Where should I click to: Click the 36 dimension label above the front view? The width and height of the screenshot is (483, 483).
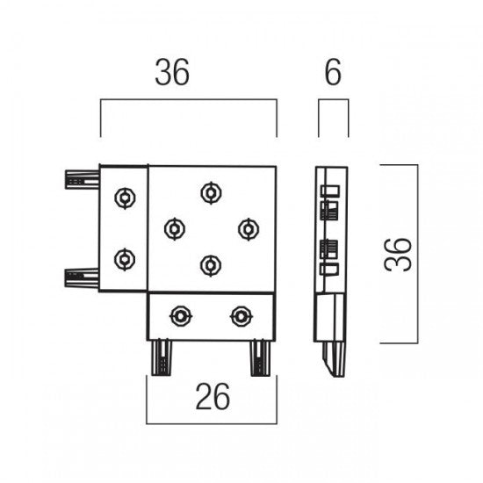click(172, 72)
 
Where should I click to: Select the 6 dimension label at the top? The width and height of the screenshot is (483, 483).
click(333, 72)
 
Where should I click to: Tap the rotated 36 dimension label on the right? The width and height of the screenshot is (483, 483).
click(398, 255)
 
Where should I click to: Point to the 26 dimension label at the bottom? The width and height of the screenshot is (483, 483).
click(213, 396)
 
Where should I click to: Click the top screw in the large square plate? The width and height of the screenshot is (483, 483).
click(211, 193)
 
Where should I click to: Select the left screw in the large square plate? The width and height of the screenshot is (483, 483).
click(175, 229)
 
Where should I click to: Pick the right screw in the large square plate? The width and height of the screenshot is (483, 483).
click(249, 229)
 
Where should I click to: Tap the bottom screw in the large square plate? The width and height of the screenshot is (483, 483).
click(211, 265)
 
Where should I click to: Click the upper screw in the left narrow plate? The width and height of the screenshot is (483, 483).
click(125, 198)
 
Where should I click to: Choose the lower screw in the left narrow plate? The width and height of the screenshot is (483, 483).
click(125, 259)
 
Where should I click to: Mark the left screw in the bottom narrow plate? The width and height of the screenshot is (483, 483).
click(181, 316)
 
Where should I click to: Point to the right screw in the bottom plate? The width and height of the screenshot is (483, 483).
click(241, 316)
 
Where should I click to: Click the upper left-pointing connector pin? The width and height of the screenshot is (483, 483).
click(83, 179)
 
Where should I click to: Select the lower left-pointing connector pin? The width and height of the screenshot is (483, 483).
click(82, 278)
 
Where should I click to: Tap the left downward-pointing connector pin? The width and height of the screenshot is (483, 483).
click(162, 357)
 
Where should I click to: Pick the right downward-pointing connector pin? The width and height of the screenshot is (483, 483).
click(260, 357)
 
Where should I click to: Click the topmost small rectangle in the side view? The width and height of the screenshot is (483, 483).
click(330, 191)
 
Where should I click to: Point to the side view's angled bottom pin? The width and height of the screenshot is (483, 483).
click(335, 359)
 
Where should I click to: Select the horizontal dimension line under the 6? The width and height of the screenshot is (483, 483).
click(334, 99)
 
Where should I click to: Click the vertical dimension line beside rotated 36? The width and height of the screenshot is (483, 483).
click(418, 254)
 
